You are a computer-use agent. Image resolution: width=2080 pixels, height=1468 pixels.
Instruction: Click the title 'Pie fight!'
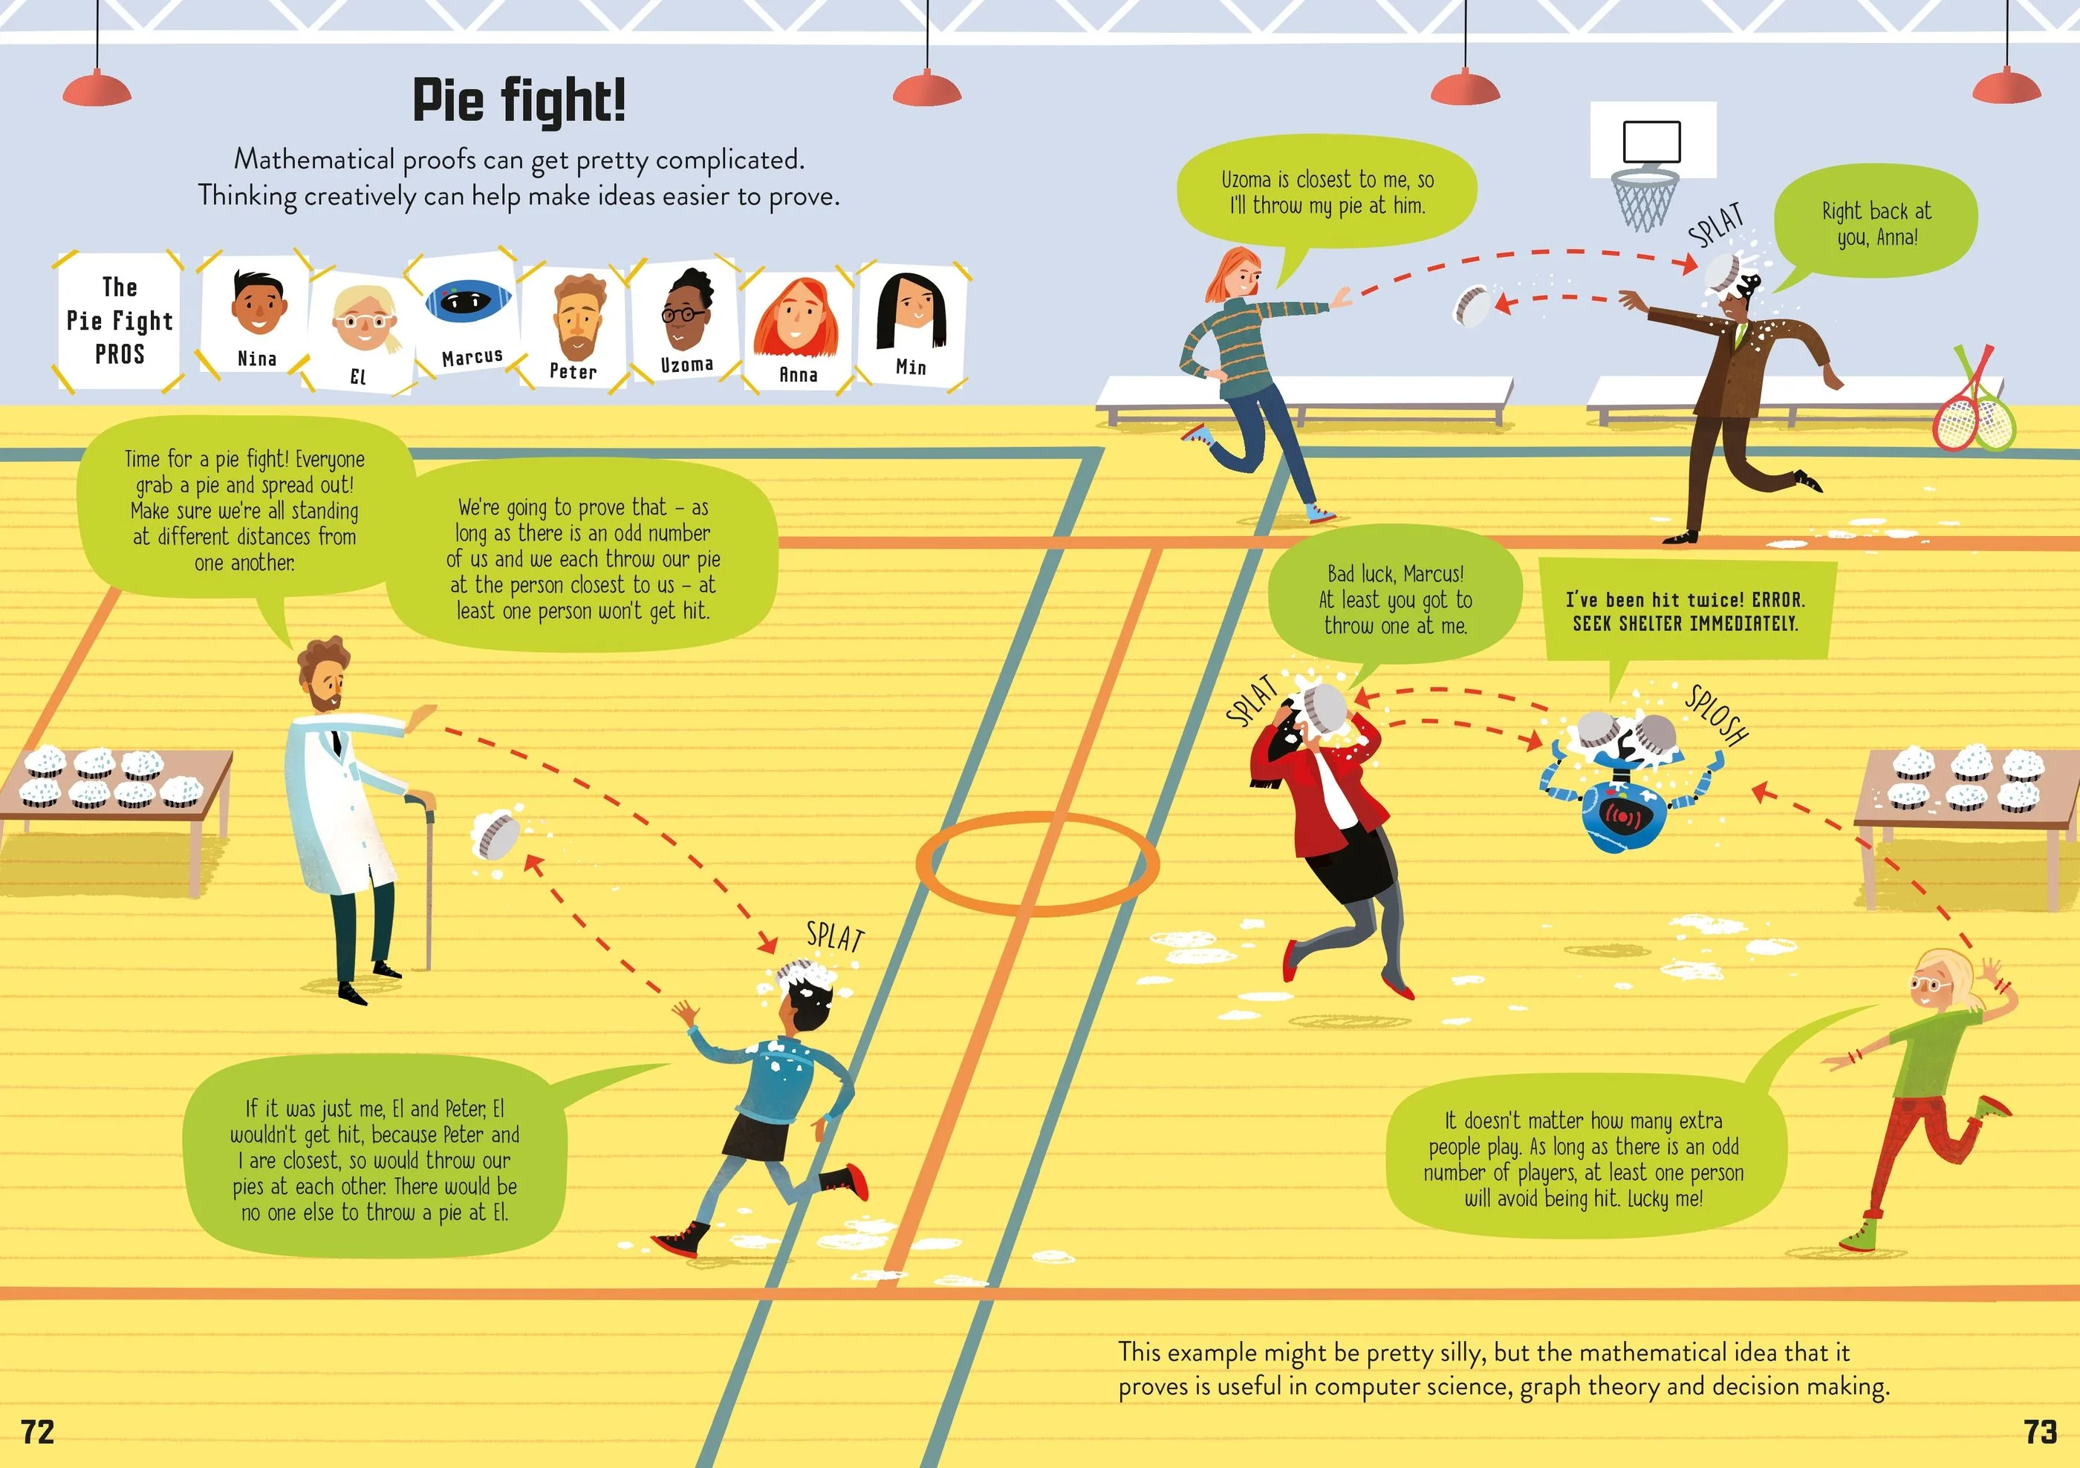[519, 100]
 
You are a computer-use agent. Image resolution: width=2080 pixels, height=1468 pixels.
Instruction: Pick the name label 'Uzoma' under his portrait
[686, 365]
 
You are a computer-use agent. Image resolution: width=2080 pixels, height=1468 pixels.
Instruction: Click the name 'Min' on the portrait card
[911, 367]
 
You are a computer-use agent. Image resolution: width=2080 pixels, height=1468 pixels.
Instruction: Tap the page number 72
[38, 1432]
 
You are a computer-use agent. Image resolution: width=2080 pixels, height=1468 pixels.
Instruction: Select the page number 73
[2040, 1432]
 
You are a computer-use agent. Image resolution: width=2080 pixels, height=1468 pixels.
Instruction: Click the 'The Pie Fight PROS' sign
[119, 322]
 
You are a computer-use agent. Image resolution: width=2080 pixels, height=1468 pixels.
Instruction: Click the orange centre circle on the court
[1037, 863]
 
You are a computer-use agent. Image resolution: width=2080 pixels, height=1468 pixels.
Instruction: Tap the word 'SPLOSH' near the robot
[1717, 715]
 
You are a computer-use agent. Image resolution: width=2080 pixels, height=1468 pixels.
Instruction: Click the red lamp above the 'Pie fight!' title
[927, 88]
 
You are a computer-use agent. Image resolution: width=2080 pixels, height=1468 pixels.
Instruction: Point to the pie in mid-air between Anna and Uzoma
[1470, 305]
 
